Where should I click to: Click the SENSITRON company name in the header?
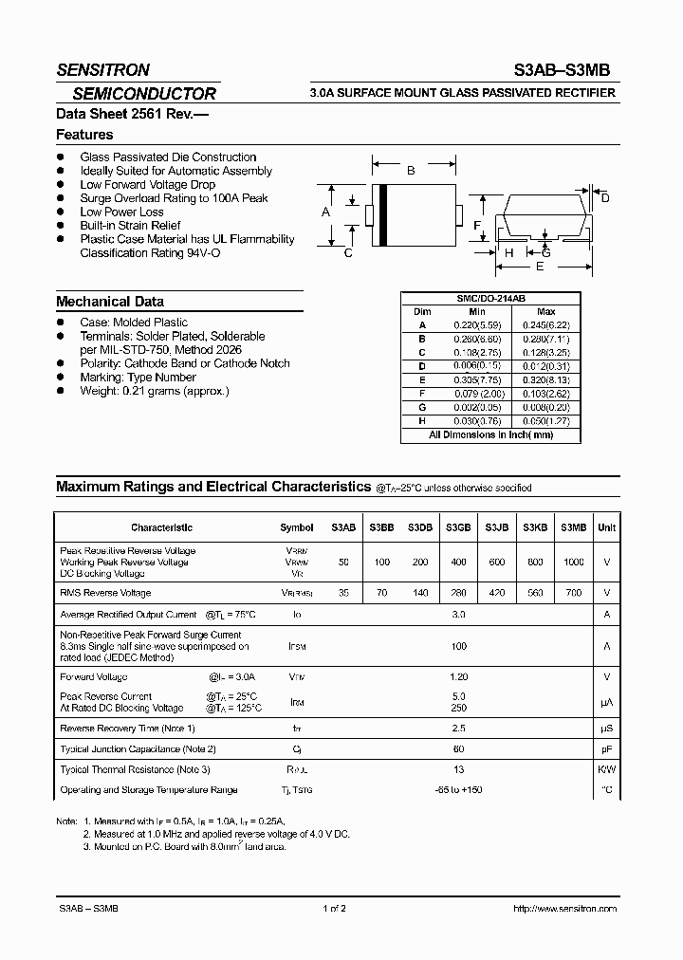coord(102,69)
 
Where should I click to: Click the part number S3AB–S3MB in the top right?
coord(567,69)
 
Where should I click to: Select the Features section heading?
coord(84,136)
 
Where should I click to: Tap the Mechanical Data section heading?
coord(109,302)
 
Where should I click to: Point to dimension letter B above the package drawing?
coord(411,171)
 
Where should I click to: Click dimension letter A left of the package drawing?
coord(325,212)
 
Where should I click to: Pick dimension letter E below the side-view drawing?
coord(540,268)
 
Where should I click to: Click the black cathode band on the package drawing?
coord(383,212)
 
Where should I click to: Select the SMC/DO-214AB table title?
coord(491,298)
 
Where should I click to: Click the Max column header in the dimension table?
coord(545,311)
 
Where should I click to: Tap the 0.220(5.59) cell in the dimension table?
coord(477,324)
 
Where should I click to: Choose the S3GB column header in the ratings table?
coord(458,527)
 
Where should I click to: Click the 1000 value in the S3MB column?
coord(573,562)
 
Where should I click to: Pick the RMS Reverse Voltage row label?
coord(105,593)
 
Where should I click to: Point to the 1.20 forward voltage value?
coord(458,677)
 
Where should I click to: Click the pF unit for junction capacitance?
coord(606,749)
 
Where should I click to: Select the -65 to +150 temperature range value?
coord(458,789)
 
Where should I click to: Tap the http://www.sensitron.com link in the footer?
coord(564,909)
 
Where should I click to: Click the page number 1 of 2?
coord(334,909)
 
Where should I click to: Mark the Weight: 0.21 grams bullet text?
coord(154,391)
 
